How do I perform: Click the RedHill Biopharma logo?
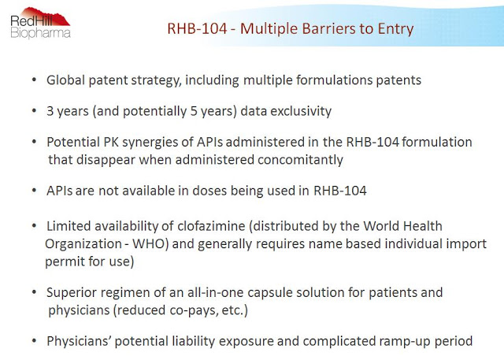tap(40, 23)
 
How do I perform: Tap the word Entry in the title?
tap(395, 29)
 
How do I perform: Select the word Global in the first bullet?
tap(65, 80)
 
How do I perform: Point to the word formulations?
tap(334, 80)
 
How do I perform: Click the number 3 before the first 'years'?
tap(50, 111)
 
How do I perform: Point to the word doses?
tap(209, 191)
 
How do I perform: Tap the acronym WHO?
tap(149, 244)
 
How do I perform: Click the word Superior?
tap(72, 293)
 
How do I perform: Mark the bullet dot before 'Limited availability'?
tap(35, 226)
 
